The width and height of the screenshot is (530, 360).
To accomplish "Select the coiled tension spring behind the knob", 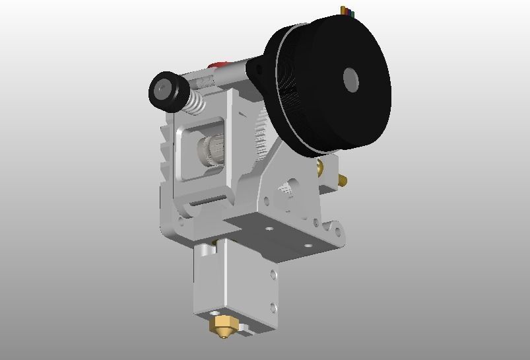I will pos(197,102).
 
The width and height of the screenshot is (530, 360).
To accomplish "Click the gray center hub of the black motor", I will pos(352,80).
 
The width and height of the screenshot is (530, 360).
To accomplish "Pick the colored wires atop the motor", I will pos(347,11).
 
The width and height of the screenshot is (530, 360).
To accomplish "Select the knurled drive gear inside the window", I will pos(210,150).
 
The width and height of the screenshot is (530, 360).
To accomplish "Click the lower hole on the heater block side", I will pos(273,306).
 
